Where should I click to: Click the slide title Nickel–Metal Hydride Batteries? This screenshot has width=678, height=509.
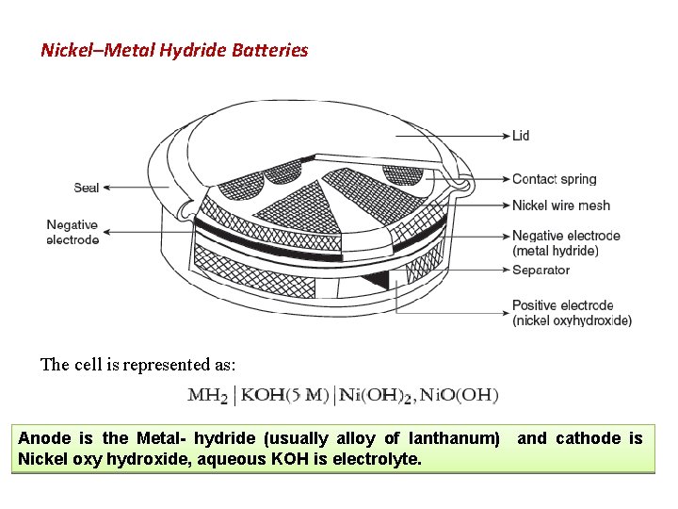click(174, 50)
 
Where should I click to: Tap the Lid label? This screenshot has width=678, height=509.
click(521, 136)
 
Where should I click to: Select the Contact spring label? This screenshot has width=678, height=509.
click(554, 179)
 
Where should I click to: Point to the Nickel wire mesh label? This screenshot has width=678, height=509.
click(560, 205)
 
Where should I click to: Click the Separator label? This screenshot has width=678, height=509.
click(541, 270)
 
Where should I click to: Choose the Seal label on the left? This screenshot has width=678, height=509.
click(87, 188)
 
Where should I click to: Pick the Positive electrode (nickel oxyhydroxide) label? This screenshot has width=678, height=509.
click(571, 313)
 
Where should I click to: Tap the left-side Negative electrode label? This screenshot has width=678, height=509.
click(73, 232)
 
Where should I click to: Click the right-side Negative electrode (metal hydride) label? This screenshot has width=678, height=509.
click(565, 242)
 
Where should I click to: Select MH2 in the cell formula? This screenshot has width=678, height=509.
click(207, 395)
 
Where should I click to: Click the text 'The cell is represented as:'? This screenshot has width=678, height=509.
click(138, 365)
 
